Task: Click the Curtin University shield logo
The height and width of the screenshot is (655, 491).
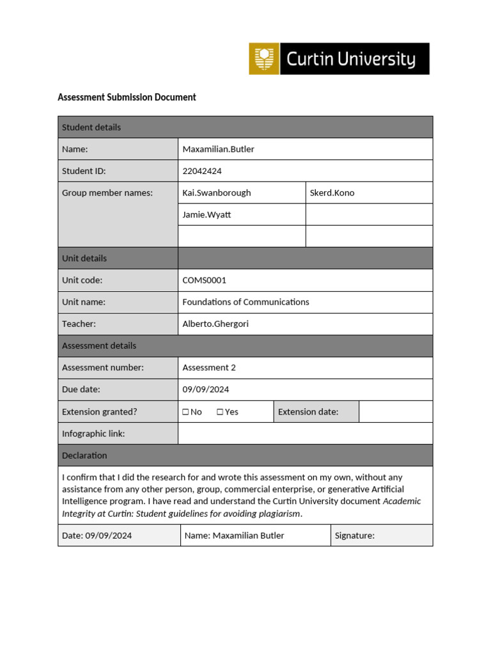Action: point(264,59)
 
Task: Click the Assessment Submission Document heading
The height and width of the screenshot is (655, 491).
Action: point(127,97)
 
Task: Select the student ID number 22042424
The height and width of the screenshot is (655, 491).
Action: point(202,171)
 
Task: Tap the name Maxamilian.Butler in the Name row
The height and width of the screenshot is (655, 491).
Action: point(218,150)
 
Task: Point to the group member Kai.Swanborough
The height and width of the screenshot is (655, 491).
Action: point(217,193)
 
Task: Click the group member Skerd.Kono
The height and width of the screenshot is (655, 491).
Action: point(332,193)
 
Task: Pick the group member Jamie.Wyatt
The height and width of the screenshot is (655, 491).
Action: point(207,215)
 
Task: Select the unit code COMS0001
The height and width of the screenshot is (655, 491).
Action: point(204,280)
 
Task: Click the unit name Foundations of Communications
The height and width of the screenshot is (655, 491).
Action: point(245,302)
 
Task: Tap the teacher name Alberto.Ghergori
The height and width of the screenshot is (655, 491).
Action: point(215,324)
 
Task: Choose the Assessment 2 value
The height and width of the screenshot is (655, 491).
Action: point(209,368)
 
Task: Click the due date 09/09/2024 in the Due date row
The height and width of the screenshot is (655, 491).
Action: point(205,390)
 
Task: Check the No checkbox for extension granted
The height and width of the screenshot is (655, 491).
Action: point(186,412)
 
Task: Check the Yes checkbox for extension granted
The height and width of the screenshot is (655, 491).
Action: point(220,412)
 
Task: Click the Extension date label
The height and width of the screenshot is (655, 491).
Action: point(308,412)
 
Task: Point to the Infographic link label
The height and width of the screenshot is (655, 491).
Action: point(93,434)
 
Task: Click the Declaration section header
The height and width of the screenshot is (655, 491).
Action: point(84,455)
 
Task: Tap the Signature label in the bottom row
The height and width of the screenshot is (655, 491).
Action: point(354,535)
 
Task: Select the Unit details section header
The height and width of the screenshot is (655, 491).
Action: point(84,258)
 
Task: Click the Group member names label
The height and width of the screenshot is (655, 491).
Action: point(107,193)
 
